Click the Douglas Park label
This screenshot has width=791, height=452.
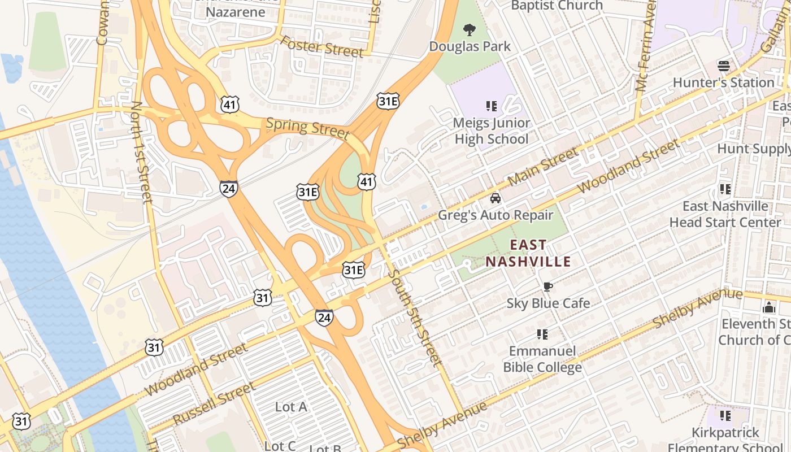coord(470,46)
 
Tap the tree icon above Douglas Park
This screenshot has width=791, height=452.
coord(469,29)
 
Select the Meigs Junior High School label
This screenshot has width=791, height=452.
coord(491,131)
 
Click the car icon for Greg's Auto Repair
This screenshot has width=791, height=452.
coord(496,198)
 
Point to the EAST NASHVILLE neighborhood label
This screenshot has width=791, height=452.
coord(528,253)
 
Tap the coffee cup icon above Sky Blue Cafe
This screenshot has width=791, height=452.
coord(547,287)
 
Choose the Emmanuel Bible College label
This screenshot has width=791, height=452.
coord(542,359)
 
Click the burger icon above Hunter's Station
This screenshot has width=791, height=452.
coord(724,66)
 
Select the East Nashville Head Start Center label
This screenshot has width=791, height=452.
coord(725,214)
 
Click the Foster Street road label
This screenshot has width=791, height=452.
coord(321,47)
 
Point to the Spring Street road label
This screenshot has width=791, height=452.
coord(307,128)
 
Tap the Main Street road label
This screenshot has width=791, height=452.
coord(543,166)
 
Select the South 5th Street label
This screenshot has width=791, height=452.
coord(415,318)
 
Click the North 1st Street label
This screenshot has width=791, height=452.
coord(141,153)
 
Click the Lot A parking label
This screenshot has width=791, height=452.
coord(291,407)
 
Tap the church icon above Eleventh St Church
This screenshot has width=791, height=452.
coord(768,308)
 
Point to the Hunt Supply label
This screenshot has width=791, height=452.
coord(754,149)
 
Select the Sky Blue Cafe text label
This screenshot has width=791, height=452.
coord(548,303)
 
